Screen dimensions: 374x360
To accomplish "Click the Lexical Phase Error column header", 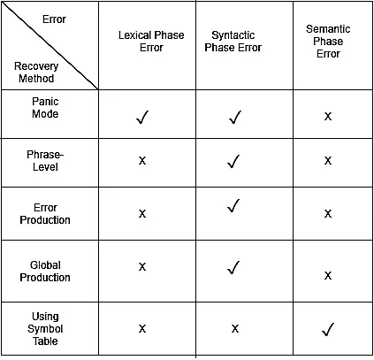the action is [x=151, y=42].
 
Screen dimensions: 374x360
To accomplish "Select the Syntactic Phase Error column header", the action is [x=233, y=42].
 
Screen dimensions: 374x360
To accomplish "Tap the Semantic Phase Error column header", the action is [x=328, y=42].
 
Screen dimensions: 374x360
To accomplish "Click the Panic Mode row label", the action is [x=45, y=108].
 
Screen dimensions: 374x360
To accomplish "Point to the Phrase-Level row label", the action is [x=45, y=161].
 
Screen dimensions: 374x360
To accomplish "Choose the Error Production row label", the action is [x=45, y=214].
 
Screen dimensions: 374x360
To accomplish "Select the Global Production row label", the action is [x=45, y=272].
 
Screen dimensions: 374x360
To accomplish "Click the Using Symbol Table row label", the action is [x=45, y=329].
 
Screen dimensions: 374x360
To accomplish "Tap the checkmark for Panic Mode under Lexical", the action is [x=142, y=118].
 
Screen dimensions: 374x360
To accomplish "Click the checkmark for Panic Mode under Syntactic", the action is [x=235, y=118].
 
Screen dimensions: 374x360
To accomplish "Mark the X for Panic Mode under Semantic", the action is [x=328, y=117].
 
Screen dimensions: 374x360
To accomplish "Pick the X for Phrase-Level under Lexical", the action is [x=142, y=161].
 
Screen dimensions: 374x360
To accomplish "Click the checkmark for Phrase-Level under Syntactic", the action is [x=233, y=162].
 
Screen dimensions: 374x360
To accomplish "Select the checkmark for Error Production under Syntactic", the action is [x=233, y=206].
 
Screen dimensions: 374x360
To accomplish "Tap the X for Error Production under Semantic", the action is [x=328, y=213].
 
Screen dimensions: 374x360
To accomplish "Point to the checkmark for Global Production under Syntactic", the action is [x=233, y=268].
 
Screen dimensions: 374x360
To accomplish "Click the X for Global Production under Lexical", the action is [x=142, y=267].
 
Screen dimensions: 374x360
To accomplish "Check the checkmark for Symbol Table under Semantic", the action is [x=328, y=330].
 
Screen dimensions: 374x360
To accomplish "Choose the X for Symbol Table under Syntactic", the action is [x=235, y=328].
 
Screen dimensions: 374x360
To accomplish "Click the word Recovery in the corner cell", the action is [x=36, y=66].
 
